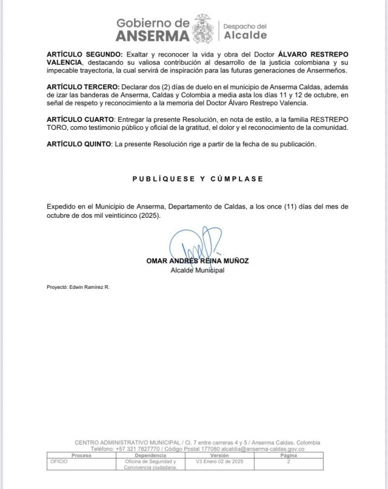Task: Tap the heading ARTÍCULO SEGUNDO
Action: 84,55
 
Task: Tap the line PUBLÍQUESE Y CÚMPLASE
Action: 198,179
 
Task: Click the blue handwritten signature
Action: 195,245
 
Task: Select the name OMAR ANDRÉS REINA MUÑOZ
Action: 198,261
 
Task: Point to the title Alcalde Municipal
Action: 198,271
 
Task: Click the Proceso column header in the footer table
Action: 81,454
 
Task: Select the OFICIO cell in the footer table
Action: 59,461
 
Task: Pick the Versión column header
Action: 219,454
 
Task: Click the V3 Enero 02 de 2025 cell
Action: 220,461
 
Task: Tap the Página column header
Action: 289,454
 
